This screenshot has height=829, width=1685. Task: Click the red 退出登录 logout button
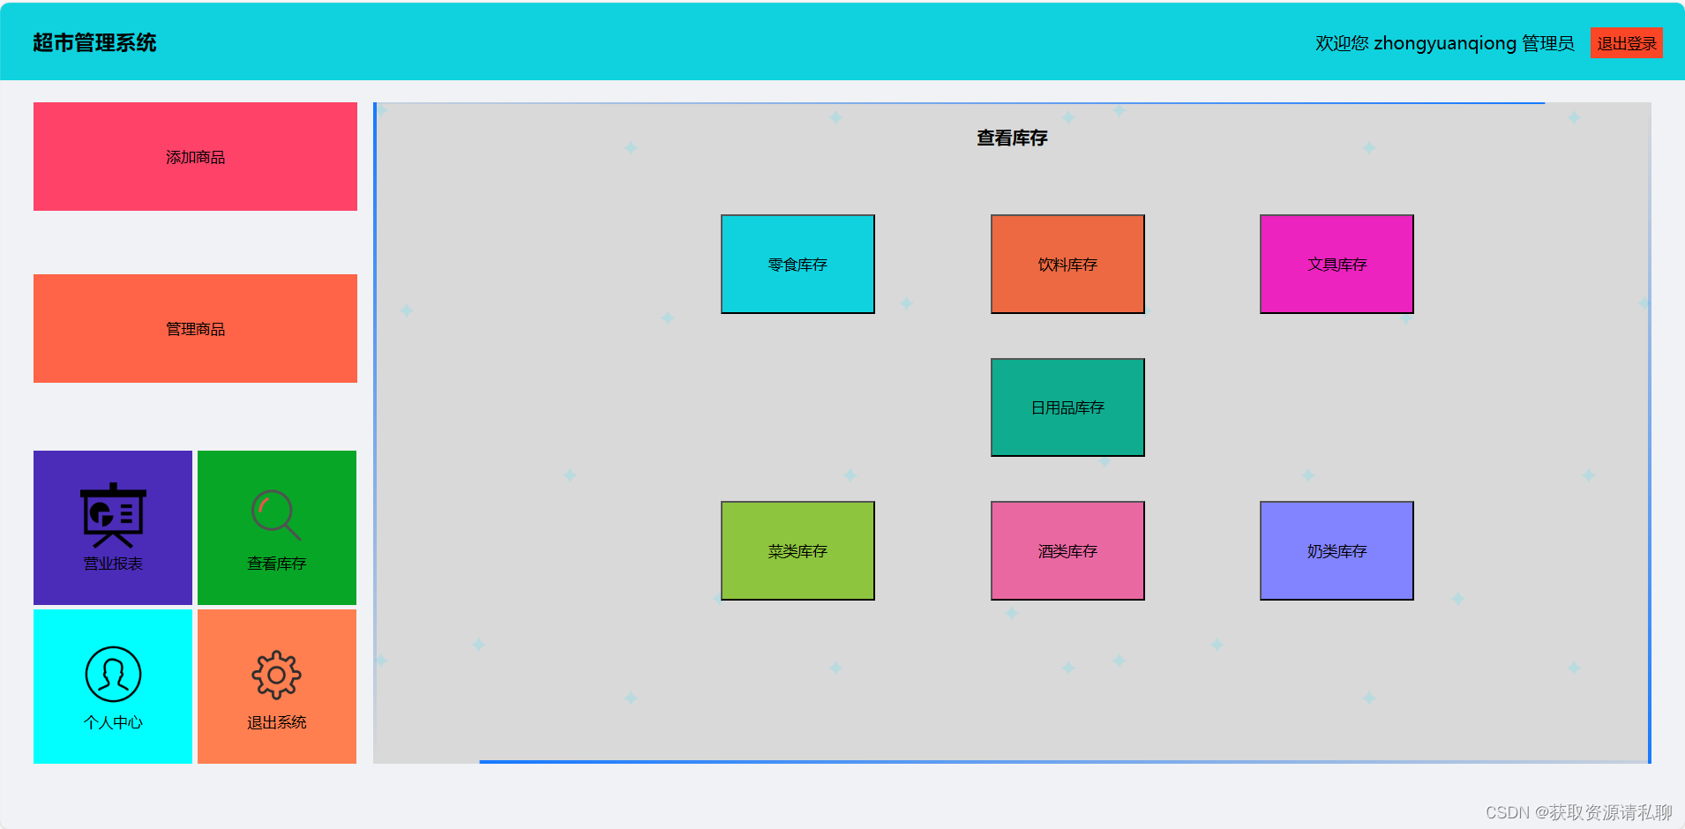tap(1626, 43)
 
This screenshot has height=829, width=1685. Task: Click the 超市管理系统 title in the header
tap(94, 43)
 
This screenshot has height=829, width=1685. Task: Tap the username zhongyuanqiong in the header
tap(1444, 43)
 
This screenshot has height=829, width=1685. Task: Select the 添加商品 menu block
tap(195, 157)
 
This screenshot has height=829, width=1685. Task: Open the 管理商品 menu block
tap(195, 329)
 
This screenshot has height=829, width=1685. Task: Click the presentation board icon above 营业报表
tap(113, 514)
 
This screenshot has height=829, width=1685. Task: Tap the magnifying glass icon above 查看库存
tap(276, 514)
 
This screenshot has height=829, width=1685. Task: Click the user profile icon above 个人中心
tap(113, 674)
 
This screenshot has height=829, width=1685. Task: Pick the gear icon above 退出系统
tap(276, 675)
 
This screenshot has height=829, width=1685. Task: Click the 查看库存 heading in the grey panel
tap(1012, 138)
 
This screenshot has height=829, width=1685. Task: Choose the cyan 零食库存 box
tap(798, 265)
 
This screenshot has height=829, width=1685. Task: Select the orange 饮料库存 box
tap(1067, 265)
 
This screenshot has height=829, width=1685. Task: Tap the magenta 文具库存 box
tap(1337, 265)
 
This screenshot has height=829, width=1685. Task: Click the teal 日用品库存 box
tap(1067, 407)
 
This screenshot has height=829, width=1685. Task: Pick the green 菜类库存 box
tap(798, 551)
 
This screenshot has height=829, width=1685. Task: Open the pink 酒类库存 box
tap(1067, 551)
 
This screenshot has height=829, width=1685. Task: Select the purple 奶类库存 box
tap(1337, 551)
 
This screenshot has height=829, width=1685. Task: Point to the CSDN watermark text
tap(1578, 812)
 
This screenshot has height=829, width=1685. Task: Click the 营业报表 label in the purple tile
tap(113, 564)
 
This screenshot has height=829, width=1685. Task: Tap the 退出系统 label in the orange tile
tap(276, 722)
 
